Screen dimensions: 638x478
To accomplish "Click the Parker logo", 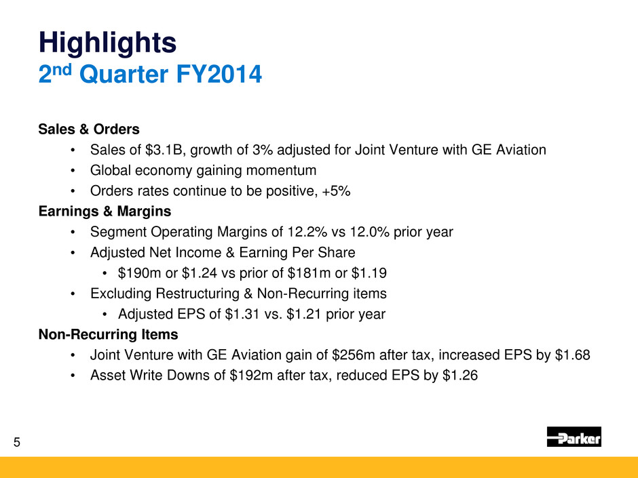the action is point(574,437).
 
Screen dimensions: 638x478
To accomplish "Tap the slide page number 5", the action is point(17,442).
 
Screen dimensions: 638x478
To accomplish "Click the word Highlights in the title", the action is point(107,43).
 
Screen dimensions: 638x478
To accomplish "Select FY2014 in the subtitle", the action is point(219,75).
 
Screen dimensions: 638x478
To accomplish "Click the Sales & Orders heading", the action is point(89,130).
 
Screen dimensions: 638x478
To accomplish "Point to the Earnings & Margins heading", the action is point(105,212).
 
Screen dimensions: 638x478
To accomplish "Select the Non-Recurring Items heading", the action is point(108,334).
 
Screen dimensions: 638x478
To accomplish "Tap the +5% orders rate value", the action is point(336,191).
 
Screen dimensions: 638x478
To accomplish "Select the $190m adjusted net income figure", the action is point(140,273).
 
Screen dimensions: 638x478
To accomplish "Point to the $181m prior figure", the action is point(309,273).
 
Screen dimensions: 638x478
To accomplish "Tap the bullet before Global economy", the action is point(73,171).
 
